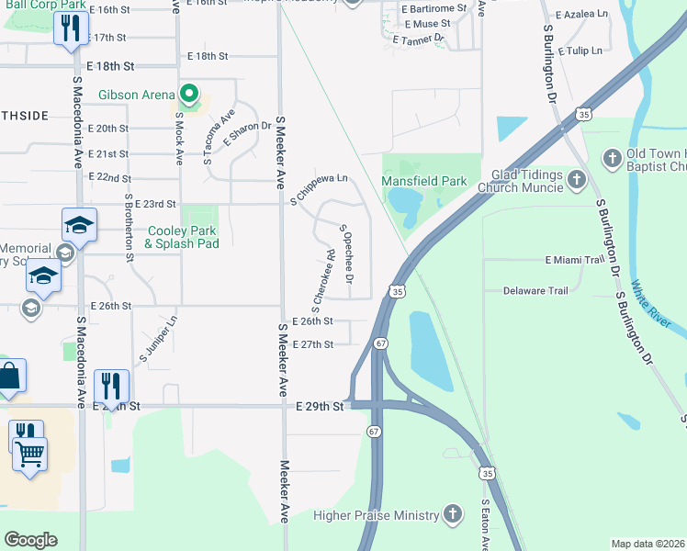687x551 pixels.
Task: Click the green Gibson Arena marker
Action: coord(189,93)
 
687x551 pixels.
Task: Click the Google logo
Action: coord(30,539)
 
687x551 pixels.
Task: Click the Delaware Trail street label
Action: coord(535,290)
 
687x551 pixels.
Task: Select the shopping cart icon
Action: coord(30,452)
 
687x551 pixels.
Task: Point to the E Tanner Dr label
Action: coord(418,39)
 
